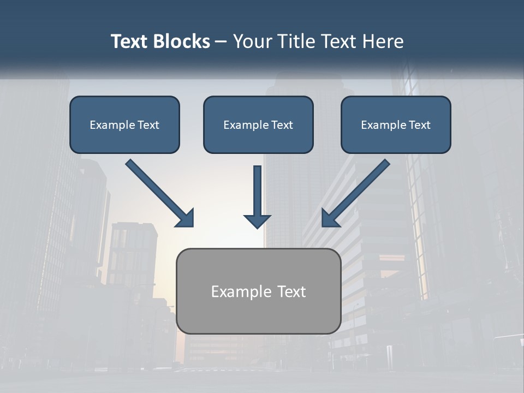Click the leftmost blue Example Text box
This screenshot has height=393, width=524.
coord(124,124)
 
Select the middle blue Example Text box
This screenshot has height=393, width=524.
coord(258,124)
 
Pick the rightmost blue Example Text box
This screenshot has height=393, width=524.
coord(396,124)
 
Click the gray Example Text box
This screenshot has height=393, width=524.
coord(258,291)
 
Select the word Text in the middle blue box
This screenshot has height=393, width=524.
coord(282,125)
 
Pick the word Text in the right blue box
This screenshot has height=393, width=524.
coord(419,125)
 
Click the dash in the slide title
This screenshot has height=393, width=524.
coord(221,42)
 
